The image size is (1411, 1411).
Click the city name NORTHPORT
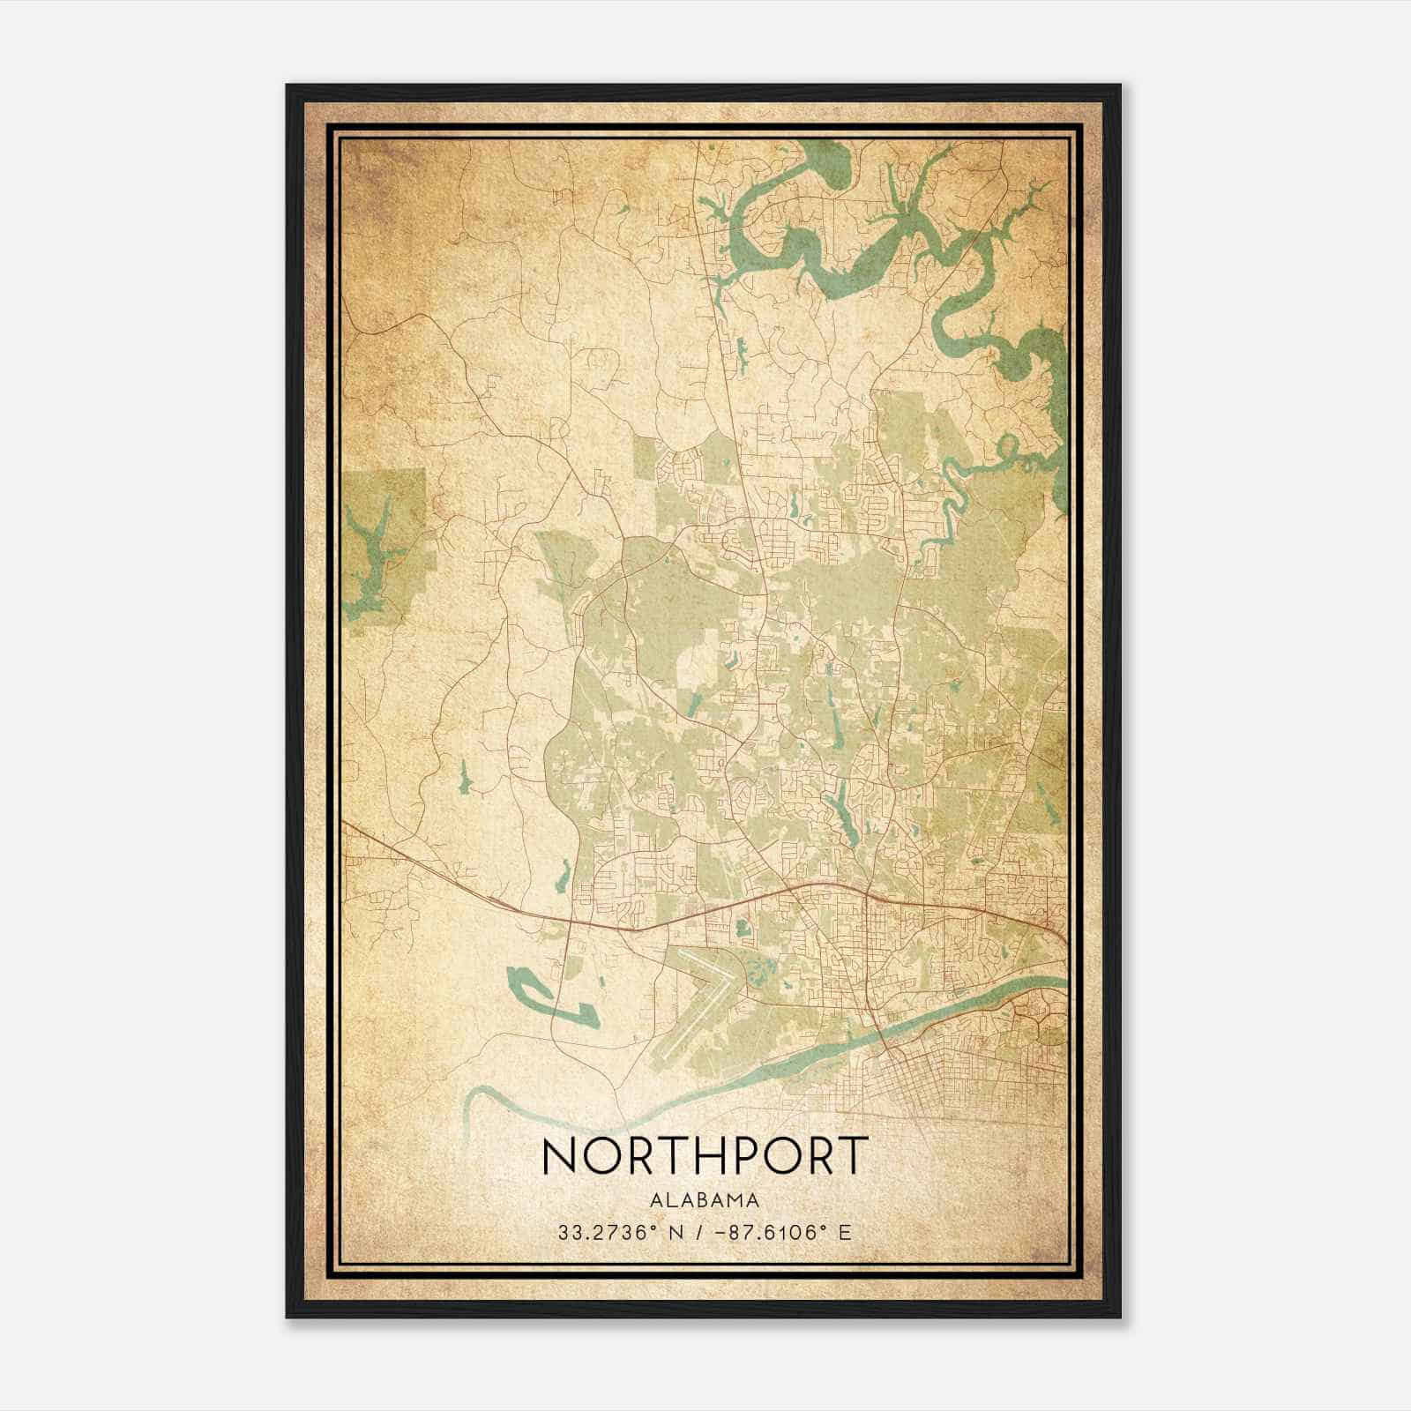pos(705,1155)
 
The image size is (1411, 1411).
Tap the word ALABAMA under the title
pos(705,1200)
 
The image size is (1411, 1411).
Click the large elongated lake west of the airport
pos(529,983)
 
